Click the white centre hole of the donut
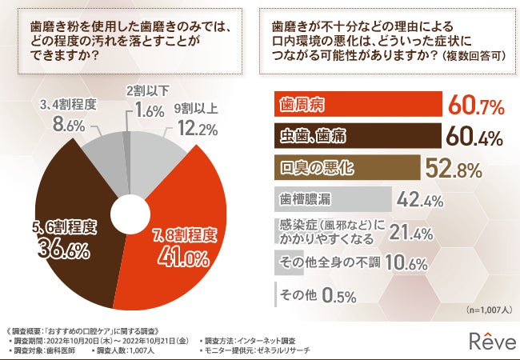126,214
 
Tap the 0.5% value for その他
339,295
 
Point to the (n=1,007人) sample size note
487,309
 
